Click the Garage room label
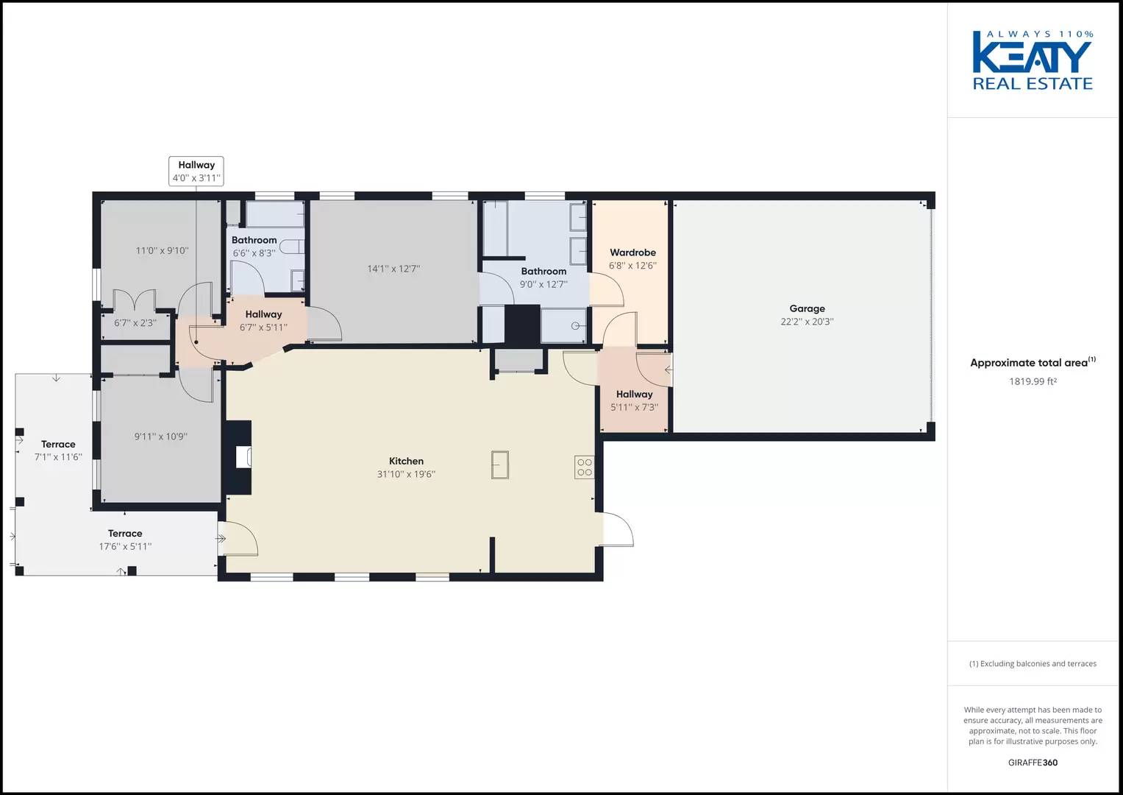click(807, 309)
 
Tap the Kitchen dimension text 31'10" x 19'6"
click(406, 475)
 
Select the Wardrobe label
click(632, 252)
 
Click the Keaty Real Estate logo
click(1033, 60)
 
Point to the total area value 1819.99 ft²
click(1033, 381)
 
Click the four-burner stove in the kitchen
click(584, 467)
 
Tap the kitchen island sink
click(501, 464)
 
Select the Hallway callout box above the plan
click(196, 172)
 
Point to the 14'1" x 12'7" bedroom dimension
click(393, 269)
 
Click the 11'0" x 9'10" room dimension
click(162, 250)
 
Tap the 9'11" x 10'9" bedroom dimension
click(160, 437)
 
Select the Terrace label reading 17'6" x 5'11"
click(125, 540)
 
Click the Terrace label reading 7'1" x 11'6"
click(58, 451)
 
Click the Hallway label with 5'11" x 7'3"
click(634, 400)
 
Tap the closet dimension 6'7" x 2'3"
click(135, 323)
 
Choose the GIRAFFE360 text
click(1033, 763)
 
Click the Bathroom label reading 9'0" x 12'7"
click(543, 278)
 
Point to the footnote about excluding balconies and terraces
click(1033, 664)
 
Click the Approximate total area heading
click(1029, 363)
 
